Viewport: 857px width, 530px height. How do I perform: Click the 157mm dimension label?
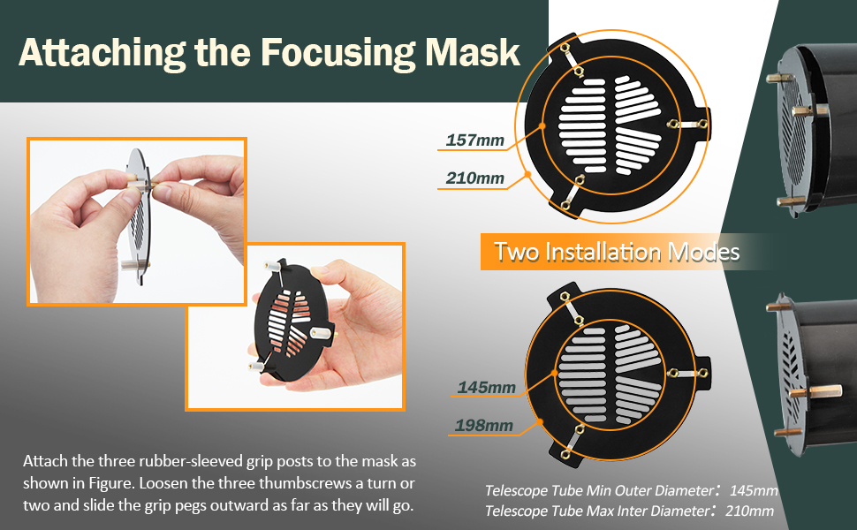[x=475, y=140]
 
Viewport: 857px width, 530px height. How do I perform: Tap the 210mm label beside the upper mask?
[x=475, y=178]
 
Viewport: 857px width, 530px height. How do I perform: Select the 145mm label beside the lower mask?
[x=487, y=388]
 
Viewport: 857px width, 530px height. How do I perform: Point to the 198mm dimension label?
[x=484, y=425]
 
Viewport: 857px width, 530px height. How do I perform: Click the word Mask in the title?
[x=473, y=52]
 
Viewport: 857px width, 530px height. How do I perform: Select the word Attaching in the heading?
[x=102, y=53]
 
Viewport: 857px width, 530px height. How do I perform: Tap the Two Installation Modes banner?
[x=617, y=252]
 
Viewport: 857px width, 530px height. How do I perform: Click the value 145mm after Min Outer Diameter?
[x=754, y=490]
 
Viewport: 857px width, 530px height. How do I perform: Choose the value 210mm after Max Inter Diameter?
[x=749, y=511]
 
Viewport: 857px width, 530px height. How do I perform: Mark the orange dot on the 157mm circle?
[x=542, y=125]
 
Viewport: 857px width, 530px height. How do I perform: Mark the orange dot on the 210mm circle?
[x=528, y=174]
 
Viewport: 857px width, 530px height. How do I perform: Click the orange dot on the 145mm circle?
[x=554, y=373]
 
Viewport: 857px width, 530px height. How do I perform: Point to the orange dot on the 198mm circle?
[x=540, y=421]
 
